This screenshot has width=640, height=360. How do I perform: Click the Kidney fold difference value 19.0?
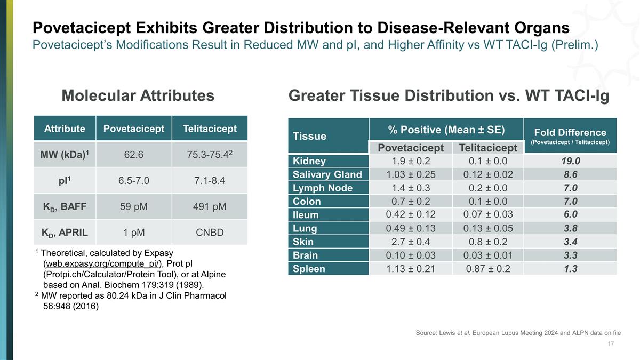pos(570,161)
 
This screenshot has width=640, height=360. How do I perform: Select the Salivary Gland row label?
pos(327,174)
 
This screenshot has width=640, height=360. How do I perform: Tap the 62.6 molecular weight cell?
pos(133,155)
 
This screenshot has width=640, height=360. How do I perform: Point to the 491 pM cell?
pos(209,206)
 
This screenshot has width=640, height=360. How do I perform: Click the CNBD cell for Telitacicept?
pos(209,233)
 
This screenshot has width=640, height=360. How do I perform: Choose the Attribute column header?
pos(65,129)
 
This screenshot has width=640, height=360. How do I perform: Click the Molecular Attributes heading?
pos(138,95)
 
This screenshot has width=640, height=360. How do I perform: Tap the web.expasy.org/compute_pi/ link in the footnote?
pos(103,263)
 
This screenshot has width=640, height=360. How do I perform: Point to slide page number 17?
pos(611,343)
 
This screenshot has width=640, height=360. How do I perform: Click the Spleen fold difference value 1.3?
pos(570,269)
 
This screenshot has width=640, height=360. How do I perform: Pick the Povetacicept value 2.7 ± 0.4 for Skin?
pos(410,242)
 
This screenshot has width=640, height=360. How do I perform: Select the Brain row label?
pos(305,255)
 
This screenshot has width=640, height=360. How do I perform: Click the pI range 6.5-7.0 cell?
pos(133,181)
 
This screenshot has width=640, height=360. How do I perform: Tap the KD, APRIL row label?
pos(65,233)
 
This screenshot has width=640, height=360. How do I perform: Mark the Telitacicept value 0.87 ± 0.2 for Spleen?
pos(487,269)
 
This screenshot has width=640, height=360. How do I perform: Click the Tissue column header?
pos(309,136)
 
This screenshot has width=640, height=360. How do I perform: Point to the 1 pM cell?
pos(133,233)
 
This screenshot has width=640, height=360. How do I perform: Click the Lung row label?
pos(305,228)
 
